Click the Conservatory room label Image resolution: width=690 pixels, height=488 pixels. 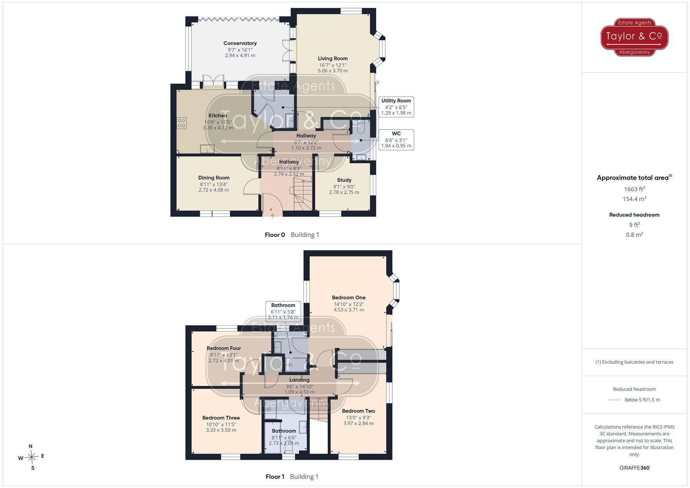[240, 43]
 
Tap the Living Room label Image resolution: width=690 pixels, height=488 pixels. [333, 59]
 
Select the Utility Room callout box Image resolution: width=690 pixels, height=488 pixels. [396, 107]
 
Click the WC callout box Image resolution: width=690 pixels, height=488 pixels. [396, 140]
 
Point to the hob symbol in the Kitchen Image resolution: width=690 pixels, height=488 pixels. [182, 123]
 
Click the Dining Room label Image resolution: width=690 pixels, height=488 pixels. [214, 178]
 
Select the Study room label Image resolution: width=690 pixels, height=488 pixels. [344, 180]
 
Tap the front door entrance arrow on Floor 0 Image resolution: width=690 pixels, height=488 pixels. [272, 216]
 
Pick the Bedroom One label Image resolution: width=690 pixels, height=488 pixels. [349, 298]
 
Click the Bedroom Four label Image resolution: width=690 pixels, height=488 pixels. [224, 348]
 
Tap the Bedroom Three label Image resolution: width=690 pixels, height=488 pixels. [221, 418]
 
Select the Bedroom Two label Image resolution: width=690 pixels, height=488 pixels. [358, 411]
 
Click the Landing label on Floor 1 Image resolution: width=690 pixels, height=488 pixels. [299, 380]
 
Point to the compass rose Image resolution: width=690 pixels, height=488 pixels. [31, 457]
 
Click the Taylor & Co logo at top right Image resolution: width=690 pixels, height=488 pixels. [634, 37]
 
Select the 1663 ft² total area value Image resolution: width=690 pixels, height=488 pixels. [634, 189]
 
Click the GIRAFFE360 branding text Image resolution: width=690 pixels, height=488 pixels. [634, 468]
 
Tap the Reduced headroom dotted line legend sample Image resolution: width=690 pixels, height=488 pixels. [615, 400]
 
